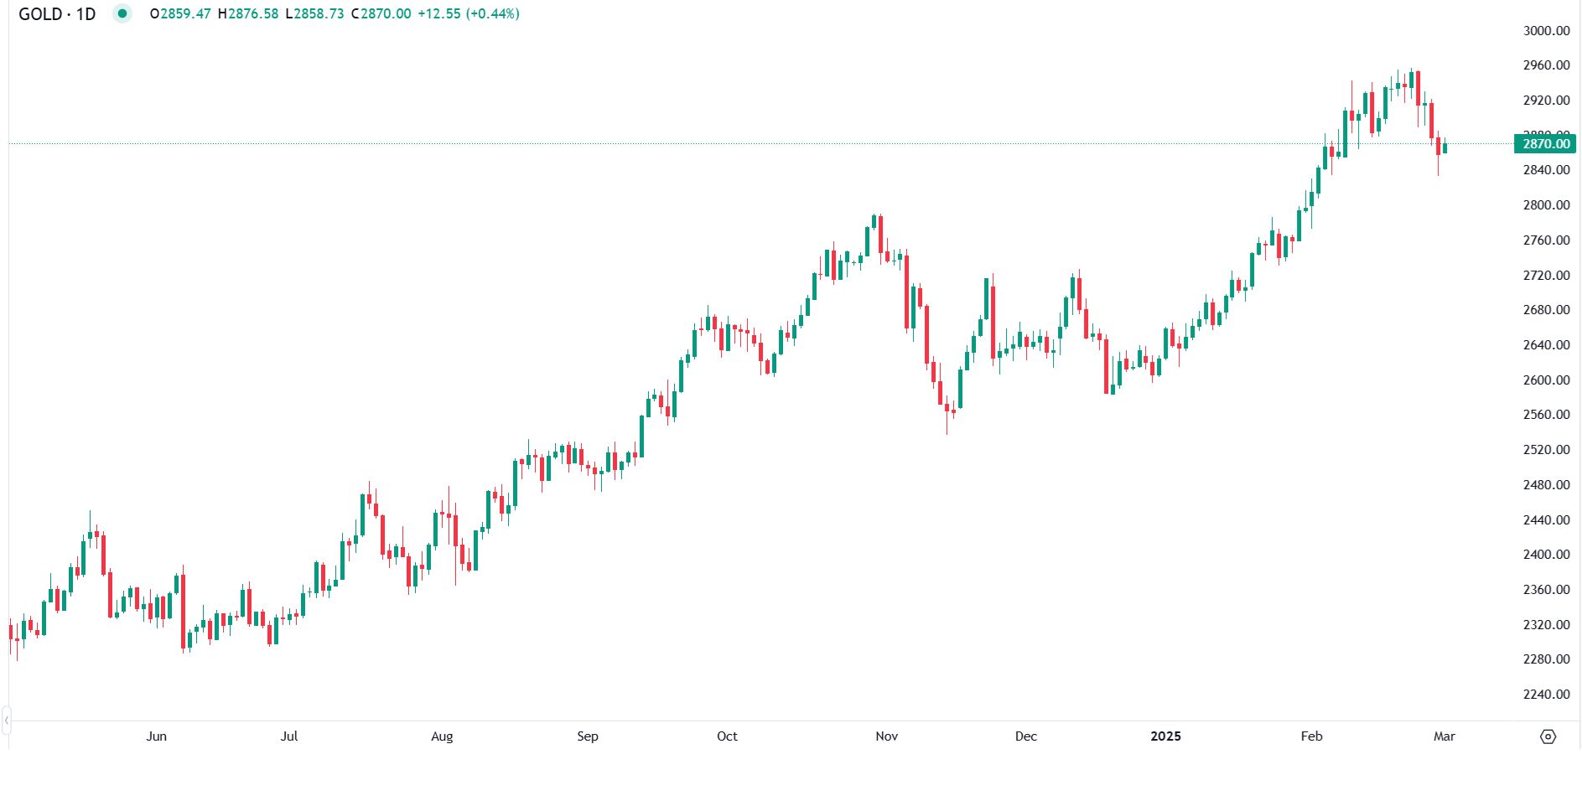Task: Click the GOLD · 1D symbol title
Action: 57,14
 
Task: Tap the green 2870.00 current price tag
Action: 1545,144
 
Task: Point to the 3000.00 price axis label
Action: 1546,31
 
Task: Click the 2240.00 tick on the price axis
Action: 1546,694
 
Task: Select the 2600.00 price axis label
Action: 1546,380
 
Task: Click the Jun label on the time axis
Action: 156,736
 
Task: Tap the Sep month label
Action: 588,736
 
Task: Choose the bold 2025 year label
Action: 1165,736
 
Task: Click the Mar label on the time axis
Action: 1444,736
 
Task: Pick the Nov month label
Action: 886,736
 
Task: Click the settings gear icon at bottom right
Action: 1548,736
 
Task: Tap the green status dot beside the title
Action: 122,13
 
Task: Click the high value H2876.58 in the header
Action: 248,14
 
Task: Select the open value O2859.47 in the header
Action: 180,14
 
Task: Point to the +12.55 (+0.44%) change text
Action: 469,14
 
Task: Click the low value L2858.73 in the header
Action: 315,14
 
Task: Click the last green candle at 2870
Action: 1445,147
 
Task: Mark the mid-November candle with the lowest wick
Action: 947,408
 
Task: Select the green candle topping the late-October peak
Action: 874,222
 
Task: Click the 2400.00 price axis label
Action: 1546,555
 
